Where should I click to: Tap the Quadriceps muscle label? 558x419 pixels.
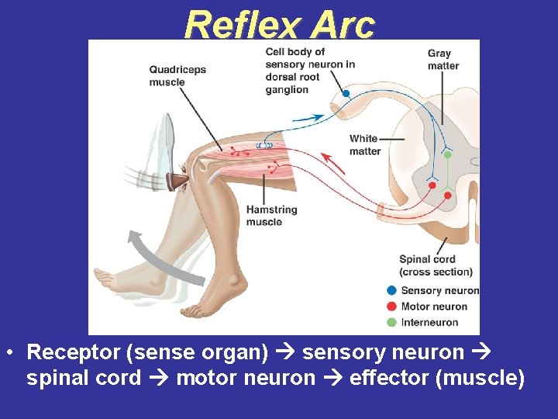(177, 75)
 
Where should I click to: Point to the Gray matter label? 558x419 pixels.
(443, 60)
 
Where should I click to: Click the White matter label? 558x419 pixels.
(364, 144)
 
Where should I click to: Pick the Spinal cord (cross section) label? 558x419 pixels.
(436, 265)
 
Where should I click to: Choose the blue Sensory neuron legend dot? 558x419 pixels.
(391, 291)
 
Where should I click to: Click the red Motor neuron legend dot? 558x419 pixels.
(391, 306)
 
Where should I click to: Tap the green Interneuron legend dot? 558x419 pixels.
(391, 322)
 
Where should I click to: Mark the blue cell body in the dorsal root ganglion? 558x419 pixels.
(346, 93)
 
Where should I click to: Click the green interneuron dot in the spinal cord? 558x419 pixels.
(447, 154)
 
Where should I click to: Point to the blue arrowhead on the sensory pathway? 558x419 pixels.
(319, 117)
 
